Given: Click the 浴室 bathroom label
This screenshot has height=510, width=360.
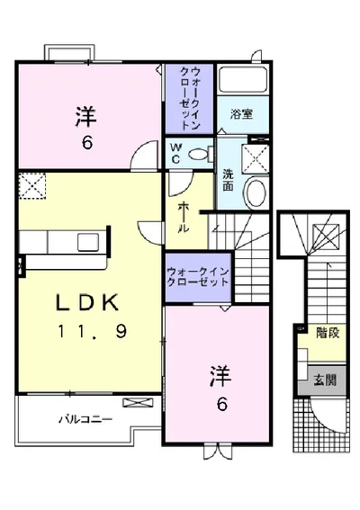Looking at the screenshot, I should (240, 115).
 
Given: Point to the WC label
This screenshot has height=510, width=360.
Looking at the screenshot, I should (175, 153).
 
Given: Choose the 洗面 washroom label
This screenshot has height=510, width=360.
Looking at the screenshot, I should (228, 179).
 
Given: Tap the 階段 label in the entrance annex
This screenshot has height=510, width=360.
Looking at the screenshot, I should (327, 332).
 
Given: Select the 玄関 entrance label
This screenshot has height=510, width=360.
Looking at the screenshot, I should (326, 379).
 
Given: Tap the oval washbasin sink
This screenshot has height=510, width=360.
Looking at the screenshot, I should (256, 191).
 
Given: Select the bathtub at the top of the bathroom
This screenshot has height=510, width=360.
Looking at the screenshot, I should (241, 79).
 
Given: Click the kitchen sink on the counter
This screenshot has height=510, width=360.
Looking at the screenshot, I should (90, 241).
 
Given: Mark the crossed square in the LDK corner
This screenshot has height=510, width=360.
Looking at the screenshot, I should (32, 187).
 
